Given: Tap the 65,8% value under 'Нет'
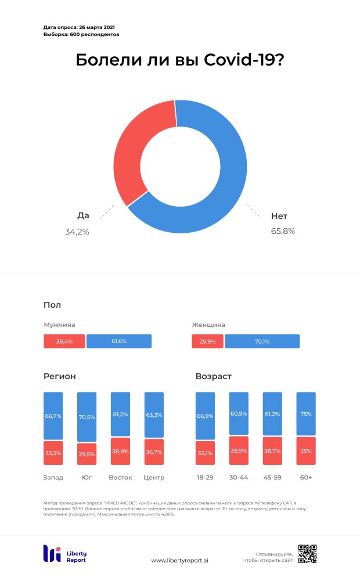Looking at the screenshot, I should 283,231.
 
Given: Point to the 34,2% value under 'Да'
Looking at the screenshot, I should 77,232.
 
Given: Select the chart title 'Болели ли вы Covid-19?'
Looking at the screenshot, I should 180,60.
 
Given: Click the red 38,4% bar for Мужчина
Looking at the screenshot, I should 64,341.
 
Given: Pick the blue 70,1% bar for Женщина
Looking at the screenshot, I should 262,341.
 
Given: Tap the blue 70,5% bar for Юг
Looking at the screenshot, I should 87,417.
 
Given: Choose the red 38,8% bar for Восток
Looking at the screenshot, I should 120,451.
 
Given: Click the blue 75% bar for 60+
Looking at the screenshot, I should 306,414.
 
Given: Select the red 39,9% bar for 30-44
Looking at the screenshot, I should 239,450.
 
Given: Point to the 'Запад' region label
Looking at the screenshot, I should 53,478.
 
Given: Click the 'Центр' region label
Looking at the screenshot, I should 154,478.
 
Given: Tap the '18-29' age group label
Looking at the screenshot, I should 205,478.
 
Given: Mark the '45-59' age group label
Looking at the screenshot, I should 272,478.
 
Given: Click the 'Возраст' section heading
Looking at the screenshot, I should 214,377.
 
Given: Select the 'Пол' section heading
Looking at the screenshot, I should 52,305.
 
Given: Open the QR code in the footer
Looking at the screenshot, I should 308,554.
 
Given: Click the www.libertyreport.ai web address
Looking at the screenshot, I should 180,560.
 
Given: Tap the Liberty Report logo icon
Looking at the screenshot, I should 52,554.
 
